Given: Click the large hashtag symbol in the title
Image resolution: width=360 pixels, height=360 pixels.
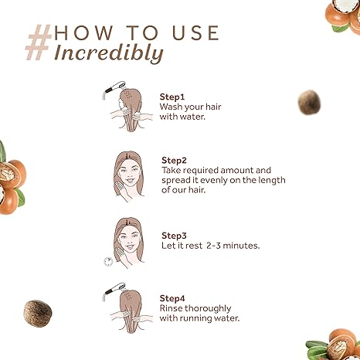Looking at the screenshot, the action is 39,42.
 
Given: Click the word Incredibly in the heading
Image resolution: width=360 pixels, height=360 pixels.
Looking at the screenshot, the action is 109,53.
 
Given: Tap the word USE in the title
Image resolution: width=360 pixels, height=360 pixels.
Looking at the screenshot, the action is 195,32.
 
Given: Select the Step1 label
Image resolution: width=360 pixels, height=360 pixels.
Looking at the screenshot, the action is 172,97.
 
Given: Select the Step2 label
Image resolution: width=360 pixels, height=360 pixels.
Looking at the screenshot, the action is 174,161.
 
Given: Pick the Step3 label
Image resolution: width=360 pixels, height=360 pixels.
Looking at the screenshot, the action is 174,236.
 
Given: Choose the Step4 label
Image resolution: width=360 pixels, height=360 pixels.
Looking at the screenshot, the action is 172,298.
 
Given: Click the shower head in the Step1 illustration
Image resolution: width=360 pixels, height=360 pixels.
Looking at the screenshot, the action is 114,87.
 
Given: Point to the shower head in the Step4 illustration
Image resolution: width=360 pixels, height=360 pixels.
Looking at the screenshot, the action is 114,289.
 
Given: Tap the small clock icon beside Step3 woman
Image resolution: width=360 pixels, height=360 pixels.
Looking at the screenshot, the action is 108,261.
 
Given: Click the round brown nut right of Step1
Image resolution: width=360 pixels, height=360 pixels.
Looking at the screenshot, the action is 309,103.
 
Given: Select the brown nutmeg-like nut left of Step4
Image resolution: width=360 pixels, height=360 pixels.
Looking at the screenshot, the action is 38,314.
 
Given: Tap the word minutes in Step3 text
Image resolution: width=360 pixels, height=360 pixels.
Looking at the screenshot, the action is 241,246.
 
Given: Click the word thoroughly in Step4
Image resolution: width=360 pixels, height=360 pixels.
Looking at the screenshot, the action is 208,308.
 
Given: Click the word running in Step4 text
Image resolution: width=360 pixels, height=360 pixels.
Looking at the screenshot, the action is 198,318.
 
